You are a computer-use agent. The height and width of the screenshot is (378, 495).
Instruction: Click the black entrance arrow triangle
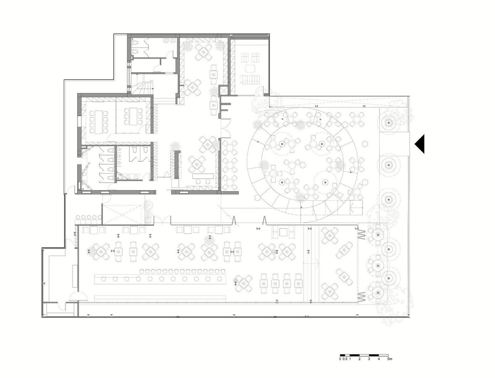click(421, 144)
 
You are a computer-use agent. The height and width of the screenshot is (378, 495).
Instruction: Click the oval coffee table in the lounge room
click(250, 69)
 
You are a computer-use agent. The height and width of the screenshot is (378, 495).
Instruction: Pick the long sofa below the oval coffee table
click(250, 79)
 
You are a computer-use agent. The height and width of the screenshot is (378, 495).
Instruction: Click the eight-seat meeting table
click(99, 122)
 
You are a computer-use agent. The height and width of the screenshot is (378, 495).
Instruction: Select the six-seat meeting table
click(133, 116)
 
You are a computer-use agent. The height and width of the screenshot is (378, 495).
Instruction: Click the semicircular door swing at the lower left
click(78, 296)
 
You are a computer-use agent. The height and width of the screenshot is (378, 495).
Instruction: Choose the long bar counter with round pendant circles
click(160, 279)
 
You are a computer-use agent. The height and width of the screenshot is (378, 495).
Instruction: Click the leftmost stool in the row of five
click(78, 217)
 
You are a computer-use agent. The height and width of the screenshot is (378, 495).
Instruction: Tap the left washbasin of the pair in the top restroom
click(166, 40)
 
